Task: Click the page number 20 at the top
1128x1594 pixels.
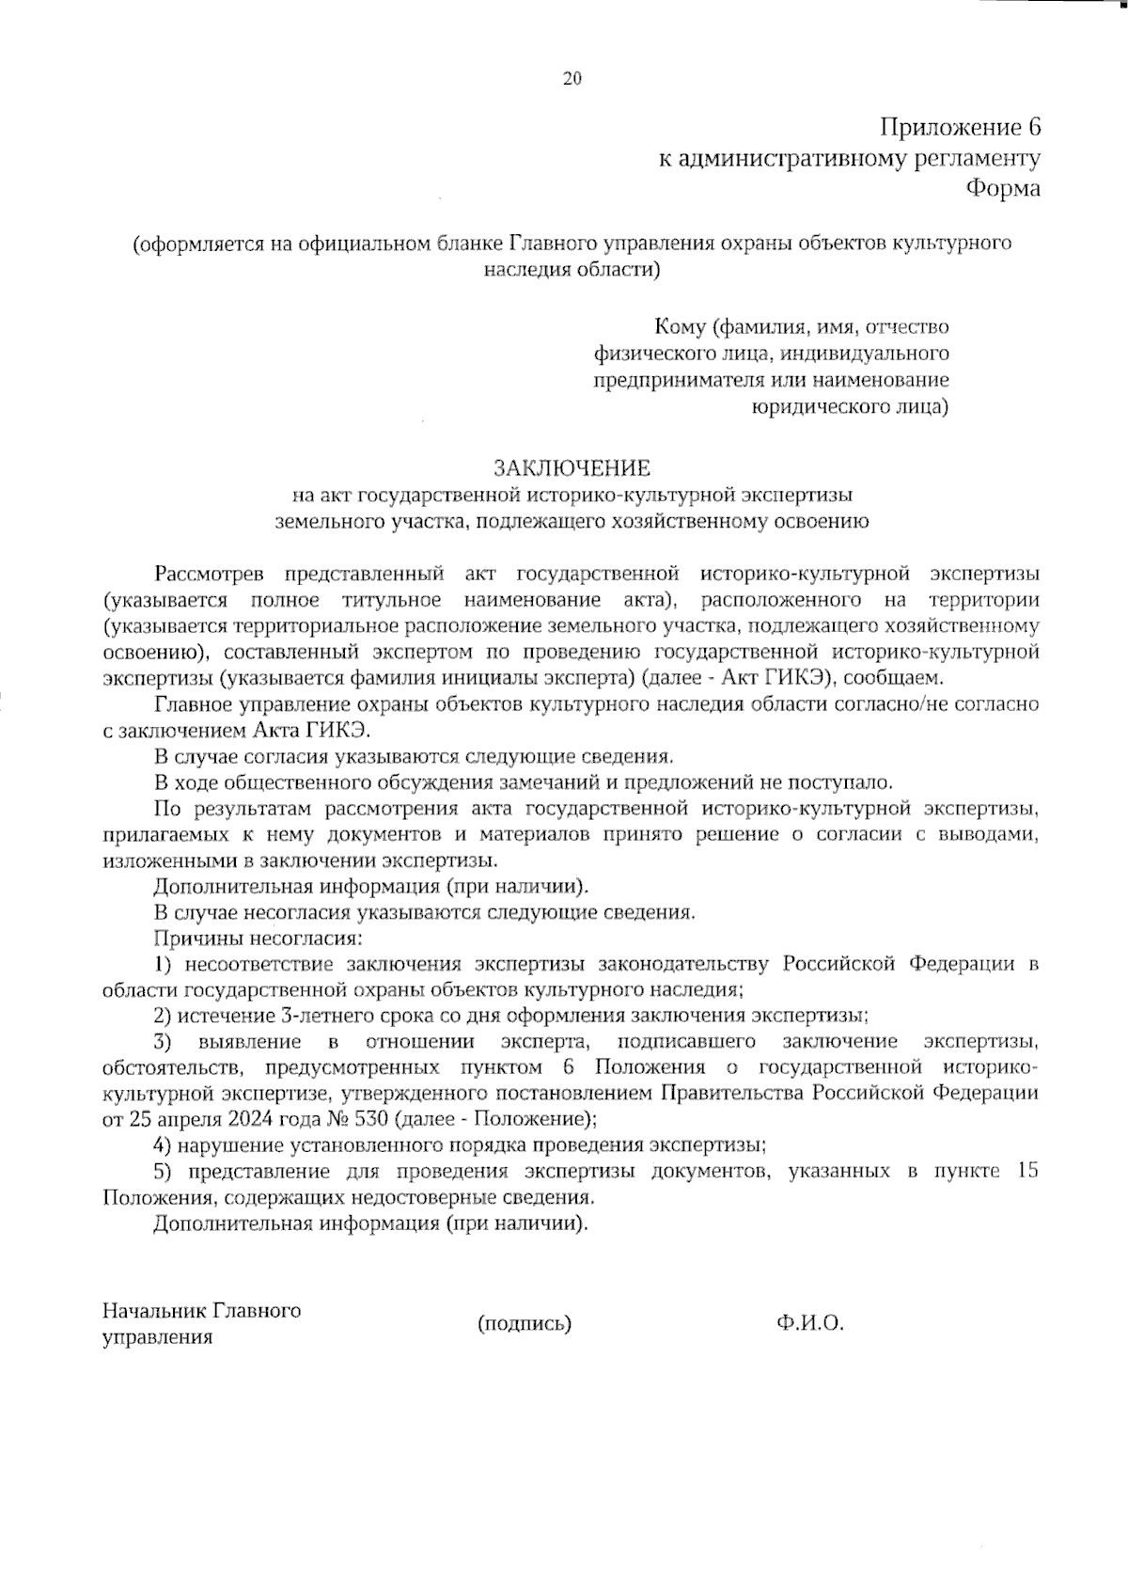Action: (x=572, y=79)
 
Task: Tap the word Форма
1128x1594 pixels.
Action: (x=1004, y=188)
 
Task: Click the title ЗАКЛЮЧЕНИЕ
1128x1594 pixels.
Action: (x=572, y=467)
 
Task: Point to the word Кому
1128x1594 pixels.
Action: (x=680, y=327)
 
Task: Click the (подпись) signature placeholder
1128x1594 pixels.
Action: (x=525, y=1324)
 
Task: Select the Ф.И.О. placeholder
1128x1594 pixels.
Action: (x=810, y=1324)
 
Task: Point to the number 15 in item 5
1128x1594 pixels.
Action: (x=1027, y=1172)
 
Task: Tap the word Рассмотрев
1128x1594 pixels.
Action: (x=210, y=574)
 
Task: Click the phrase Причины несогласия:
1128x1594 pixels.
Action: (x=258, y=938)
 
